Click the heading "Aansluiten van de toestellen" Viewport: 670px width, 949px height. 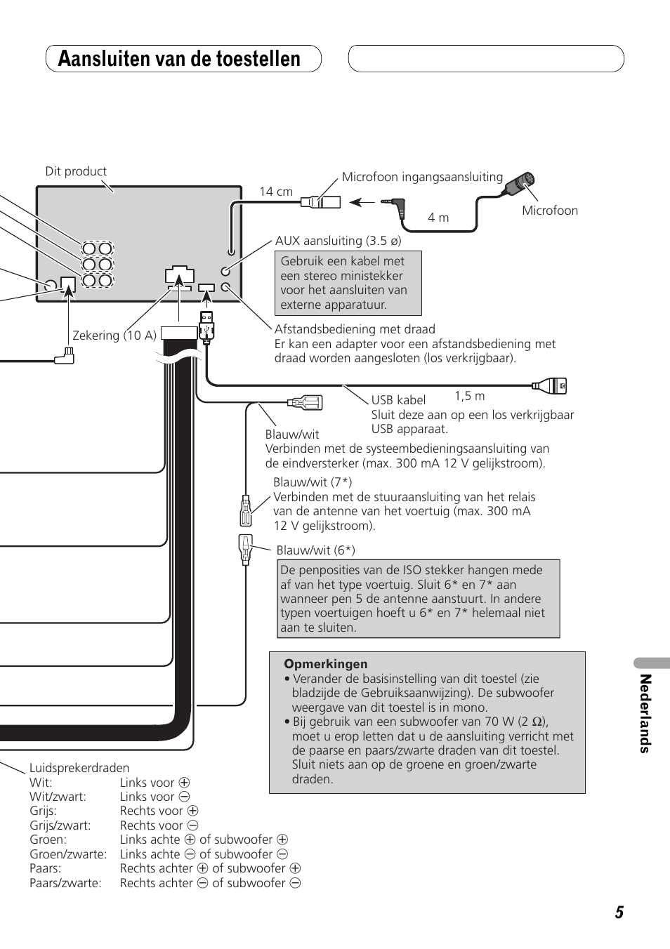[179, 58]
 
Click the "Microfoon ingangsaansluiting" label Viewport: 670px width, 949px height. [422, 177]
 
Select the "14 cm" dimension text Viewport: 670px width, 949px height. [276, 192]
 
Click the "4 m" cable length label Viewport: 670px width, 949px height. [438, 218]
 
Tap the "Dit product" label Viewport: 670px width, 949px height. [76, 171]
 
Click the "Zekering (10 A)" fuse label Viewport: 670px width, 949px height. [114, 335]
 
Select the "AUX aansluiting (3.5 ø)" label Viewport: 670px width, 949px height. [339, 241]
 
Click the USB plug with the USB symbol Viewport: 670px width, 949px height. [206, 326]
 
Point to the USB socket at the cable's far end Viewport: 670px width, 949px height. [549, 385]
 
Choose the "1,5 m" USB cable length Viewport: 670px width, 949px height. [470, 396]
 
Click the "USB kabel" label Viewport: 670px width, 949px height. [398, 400]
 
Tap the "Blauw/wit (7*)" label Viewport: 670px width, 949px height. [313, 482]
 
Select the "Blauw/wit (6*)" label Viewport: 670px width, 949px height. [316, 550]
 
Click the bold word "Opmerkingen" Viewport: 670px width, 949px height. [325, 664]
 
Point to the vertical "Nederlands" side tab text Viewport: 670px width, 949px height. [645, 713]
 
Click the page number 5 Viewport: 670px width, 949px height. [619, 912]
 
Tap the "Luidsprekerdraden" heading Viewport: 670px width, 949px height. [79, 768]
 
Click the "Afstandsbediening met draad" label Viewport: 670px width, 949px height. [355, 329]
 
